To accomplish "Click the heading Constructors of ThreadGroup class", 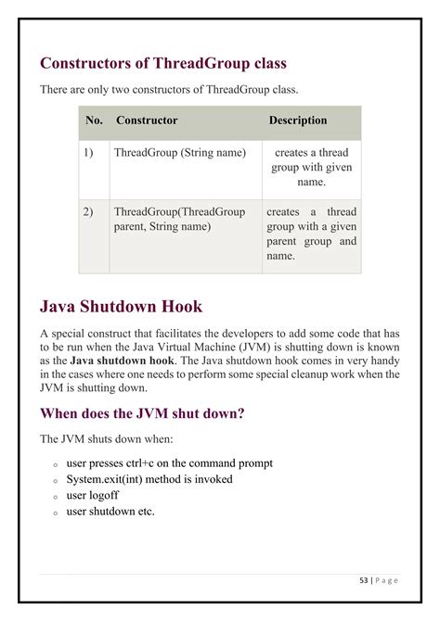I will (162, 63).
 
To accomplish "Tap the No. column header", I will (94, 120).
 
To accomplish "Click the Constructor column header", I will (147, 120).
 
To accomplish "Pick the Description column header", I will (298, 120).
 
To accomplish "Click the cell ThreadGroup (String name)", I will (179, 153).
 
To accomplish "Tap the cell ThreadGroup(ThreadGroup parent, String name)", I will (179, 219).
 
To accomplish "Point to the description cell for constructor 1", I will (311, 168).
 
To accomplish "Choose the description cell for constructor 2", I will (311, 234).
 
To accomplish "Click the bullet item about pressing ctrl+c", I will (169, 463).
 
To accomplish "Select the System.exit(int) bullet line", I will (149, 479).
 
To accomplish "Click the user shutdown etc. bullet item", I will (110, 512).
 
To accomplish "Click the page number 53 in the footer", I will (363, 580).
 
